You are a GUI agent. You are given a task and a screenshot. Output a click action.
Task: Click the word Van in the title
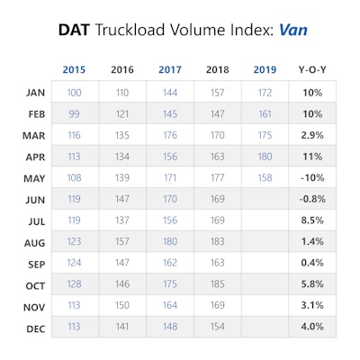tap(293, 30)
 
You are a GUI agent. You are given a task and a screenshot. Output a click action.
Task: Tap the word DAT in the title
tap(74, 30)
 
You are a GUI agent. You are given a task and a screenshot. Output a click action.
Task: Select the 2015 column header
tap(74, 69)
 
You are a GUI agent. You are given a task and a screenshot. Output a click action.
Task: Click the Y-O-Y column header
tap(312, 69)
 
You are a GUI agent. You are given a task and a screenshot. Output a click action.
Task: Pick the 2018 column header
tap(218, 69)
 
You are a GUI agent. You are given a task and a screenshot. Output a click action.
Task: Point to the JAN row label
tap(35, 93)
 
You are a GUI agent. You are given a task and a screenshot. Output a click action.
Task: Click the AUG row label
tap(34, 243)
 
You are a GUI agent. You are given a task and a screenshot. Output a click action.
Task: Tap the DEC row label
tap(36, 328)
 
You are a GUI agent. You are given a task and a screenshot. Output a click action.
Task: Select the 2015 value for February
tap(74, 114)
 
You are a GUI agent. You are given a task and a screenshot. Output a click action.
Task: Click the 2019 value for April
tap(265, 157)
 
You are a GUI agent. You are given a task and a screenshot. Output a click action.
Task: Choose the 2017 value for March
tap(170, 135)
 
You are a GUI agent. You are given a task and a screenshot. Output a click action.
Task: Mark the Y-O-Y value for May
tap(312, 178)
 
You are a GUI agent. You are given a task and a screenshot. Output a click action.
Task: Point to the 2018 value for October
tap(218, 283)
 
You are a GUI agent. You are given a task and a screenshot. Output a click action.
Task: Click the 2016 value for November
tap(122, 305)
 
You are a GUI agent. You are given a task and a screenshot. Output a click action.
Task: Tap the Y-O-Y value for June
tap(312, 199)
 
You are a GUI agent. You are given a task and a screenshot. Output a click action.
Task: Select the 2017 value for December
tap(170, 327)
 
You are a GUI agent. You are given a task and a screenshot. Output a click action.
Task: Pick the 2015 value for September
tap(74, 263)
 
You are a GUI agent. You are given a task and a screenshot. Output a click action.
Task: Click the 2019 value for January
tap(265, 93)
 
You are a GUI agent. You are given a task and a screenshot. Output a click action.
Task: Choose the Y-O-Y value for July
tap(312, 220)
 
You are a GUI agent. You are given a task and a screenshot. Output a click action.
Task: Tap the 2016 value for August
tap(122, 241)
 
